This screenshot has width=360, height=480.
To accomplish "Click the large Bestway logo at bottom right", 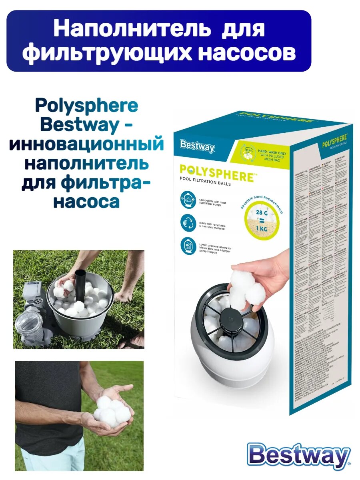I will (298, 456).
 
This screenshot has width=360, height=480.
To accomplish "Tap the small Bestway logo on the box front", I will (197, 146).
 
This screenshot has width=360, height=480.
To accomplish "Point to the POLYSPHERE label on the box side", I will (334, 141).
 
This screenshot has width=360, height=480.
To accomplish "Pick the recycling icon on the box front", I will (187, 222).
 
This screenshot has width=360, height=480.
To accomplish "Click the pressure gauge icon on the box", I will (187, 246).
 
